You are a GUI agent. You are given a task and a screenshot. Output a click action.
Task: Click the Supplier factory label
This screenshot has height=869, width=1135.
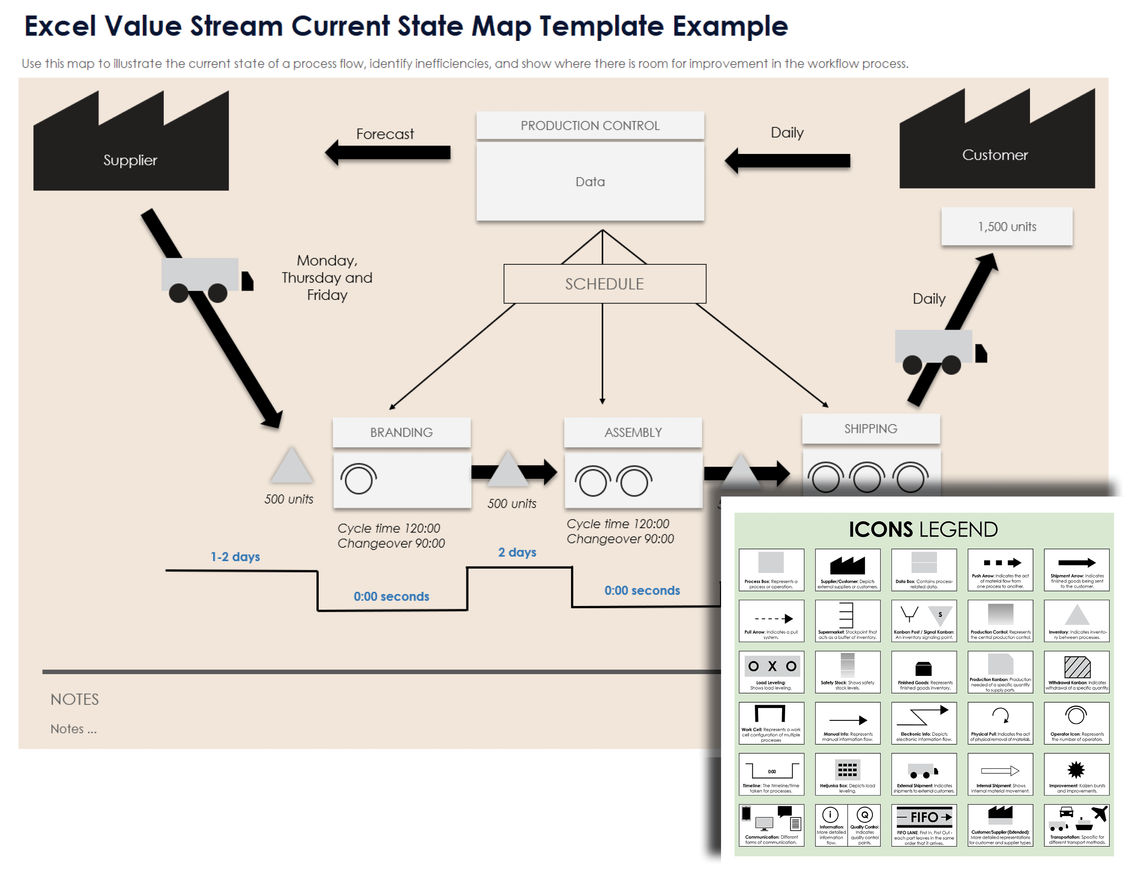coord(130,160)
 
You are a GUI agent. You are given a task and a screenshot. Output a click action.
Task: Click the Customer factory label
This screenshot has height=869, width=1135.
coord(994,155)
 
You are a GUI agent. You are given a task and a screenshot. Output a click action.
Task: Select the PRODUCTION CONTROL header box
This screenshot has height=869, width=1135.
coord(590,125)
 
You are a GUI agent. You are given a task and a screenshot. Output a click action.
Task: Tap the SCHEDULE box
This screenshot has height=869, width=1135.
coord(604,284)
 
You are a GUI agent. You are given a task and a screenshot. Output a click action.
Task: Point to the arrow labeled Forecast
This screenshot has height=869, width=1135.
coord(388,153)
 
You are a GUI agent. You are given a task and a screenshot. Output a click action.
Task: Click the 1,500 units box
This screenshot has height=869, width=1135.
coord(1006,226)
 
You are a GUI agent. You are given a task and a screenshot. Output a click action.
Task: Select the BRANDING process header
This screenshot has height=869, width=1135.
coord(401,432)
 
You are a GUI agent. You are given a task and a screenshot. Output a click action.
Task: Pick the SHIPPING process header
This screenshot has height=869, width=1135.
coord(870,429)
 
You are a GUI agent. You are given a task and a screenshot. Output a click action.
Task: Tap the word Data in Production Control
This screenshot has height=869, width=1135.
coord(590,182)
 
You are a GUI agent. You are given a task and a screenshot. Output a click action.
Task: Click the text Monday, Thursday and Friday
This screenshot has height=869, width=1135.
coord(327,278)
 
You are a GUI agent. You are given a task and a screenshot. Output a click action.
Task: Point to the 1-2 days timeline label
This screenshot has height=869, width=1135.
coord(235,557)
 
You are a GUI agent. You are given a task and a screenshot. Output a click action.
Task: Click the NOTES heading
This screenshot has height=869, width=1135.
coord(74,699)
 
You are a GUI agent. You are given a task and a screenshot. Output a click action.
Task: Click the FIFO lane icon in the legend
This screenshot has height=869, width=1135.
coord(924,817)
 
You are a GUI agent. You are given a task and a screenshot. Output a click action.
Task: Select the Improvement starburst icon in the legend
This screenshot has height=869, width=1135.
coord(1076,769)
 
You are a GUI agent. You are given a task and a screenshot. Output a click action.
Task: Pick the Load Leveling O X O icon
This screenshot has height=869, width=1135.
coord(771,666)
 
